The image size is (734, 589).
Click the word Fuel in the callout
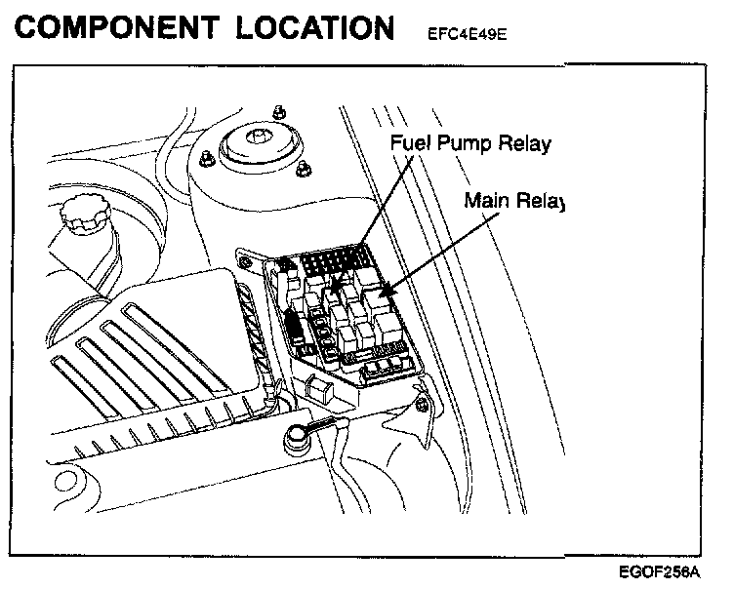(x=409, y=144)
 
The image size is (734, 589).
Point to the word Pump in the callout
(x=463, y=145)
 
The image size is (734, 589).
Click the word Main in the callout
(x=487, y=202)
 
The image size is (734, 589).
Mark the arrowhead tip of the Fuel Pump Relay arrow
(x=335, y=291)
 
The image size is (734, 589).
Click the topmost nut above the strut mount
(x=281, y=104)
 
